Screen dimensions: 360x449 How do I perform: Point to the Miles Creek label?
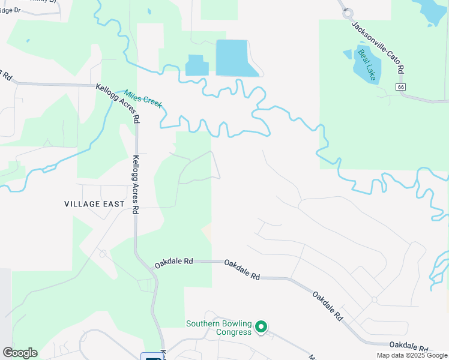tap(143, 99)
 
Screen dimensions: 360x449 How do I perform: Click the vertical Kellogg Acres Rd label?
tap(136, 185)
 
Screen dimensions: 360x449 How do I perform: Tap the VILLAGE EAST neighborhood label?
tap(94, 204)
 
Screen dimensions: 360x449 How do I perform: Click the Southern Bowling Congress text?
tap(218, 328)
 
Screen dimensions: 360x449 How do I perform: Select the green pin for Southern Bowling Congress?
tap(261, 327)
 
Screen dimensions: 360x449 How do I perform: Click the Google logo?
tap(20, 353)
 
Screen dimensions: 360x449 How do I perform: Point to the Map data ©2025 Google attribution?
tap(412, 355)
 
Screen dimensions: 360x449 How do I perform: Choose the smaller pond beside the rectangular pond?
tap(196, 65)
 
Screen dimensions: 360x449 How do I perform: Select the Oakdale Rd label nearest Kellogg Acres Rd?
tap(173, 262)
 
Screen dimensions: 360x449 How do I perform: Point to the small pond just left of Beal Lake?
tap(348, 54)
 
